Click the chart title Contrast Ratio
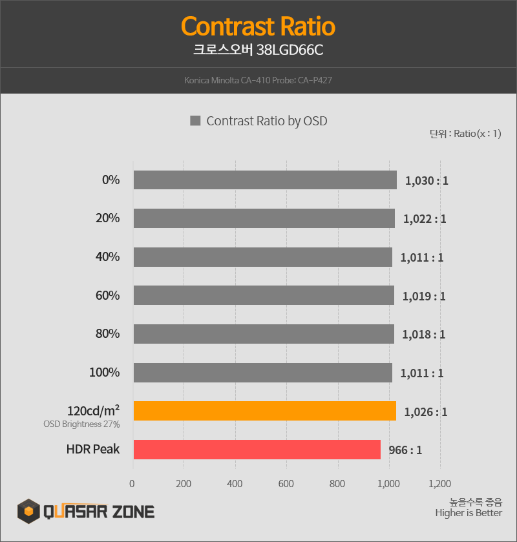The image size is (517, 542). pos(258,27)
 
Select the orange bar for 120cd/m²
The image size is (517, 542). pos(264,411)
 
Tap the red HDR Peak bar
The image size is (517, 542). pos(257,450)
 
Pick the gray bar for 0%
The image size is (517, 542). pos(265,180)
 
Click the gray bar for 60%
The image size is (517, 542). pos(264,296)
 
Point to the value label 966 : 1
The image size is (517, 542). pos(405,450)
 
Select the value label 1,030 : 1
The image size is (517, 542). pos(427,181)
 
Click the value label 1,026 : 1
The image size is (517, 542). pos(426,412)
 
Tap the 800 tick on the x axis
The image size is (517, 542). pos(337,484)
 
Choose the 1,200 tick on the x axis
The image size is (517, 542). pos(439,484)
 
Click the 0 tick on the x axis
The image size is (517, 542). pos(132,484)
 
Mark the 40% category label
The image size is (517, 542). pos(107,257)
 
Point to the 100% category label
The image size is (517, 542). pos(104,373)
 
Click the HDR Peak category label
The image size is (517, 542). pos(92,449)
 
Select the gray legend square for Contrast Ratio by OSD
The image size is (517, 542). pos(195,121)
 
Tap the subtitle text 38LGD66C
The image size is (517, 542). pos(290,50)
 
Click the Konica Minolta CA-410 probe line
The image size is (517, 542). pos(258,81)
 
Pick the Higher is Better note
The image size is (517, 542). pos(469,513)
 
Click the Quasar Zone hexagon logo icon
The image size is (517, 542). pos(28,512)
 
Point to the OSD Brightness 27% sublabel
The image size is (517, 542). pos(81,424)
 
